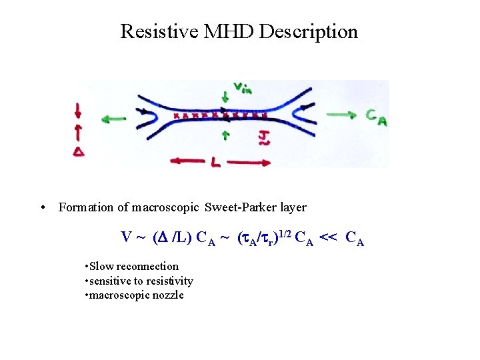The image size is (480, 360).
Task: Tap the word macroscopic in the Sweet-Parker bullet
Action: [x=166, y=207]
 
